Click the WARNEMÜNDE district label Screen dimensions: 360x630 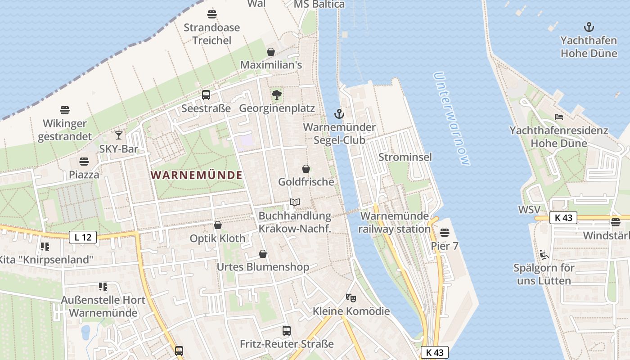click(x=197, y=175)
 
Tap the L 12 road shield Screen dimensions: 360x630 click(x=83, y=237)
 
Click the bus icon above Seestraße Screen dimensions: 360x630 click(x=206, y=95)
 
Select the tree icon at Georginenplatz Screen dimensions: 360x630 click(x=277, y=95)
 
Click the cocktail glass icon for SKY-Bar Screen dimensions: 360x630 click(x=119, y=135)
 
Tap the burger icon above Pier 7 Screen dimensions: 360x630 click(x=444, y=233)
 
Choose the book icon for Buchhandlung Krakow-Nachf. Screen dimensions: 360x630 click(x=295, y=202)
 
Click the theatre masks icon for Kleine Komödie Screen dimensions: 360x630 click(x=351, y=297)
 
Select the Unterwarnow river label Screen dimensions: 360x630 click(x=453, y=119)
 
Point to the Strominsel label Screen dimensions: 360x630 click(x=405, y=157)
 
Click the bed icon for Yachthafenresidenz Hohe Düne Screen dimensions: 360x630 click(x=559, y=117)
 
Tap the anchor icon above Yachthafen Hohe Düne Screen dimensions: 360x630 click(x=588, y=27)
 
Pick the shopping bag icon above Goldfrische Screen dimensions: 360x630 click(x=306, y=169)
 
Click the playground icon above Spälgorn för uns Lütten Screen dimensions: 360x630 click(x=544, y=255)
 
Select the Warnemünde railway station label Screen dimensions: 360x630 click(x=395, y=222)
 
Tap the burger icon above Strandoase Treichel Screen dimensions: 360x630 click(x=211, y=14)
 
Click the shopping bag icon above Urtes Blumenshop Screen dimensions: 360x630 click(x=263, y=254)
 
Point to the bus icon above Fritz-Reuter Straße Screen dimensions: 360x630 click(x=287, y=331)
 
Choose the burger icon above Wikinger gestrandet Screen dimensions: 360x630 click(x=65, y=110)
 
